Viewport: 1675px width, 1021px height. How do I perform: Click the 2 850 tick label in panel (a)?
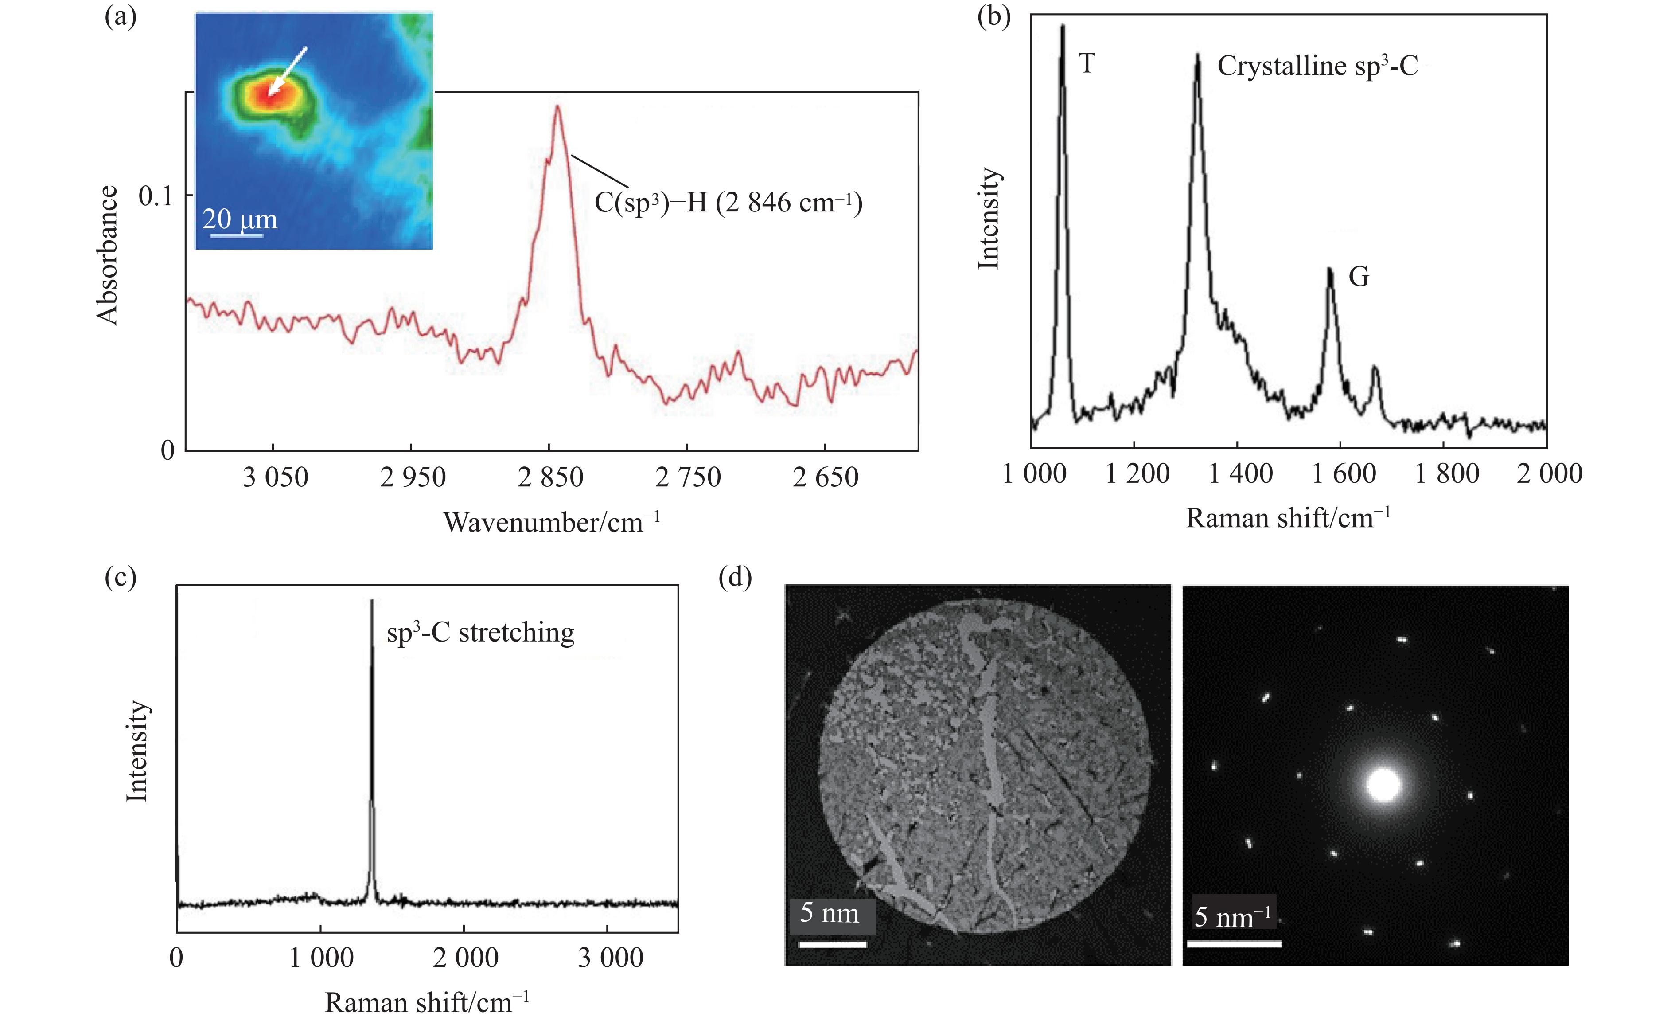pyautogui.click(x=550, y=477)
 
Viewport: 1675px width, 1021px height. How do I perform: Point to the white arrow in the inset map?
pyautogui.click(x=288, y=71)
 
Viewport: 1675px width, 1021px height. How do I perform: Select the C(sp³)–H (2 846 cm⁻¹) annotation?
pyautogui.click(x=728, y=203)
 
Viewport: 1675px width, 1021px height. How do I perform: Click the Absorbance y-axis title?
pyautogui.click(x=107, y=255)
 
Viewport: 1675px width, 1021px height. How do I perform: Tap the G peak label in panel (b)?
pyautogui.click(x=1358, y=277)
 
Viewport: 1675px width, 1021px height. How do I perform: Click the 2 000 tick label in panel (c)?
pyautogui.click(x=466, y=958)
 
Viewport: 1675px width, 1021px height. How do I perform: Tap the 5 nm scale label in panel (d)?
pyautogui.click(x=830, y=913)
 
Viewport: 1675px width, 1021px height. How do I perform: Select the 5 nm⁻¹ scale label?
pyautogui.click(x=1232, y=915)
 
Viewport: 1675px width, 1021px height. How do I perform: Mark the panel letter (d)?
pyautogui.click(x=736, y=578)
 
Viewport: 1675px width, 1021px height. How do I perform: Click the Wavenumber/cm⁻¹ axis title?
pyautogui.click(x=551, y=522)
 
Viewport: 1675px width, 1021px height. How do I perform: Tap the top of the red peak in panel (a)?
pyautogui.click(x=557, y=106)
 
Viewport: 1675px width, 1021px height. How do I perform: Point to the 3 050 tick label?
pyautogui.click(x=275, y=477)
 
